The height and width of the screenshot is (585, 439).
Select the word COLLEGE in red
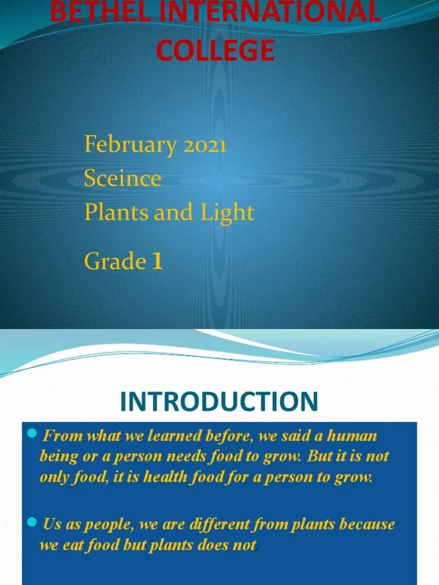tap(215, 51)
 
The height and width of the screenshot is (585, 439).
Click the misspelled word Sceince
tap(123, 179)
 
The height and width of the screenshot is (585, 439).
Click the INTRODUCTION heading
tap(219, 402)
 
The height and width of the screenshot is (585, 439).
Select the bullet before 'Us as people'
tap(33, 523)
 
